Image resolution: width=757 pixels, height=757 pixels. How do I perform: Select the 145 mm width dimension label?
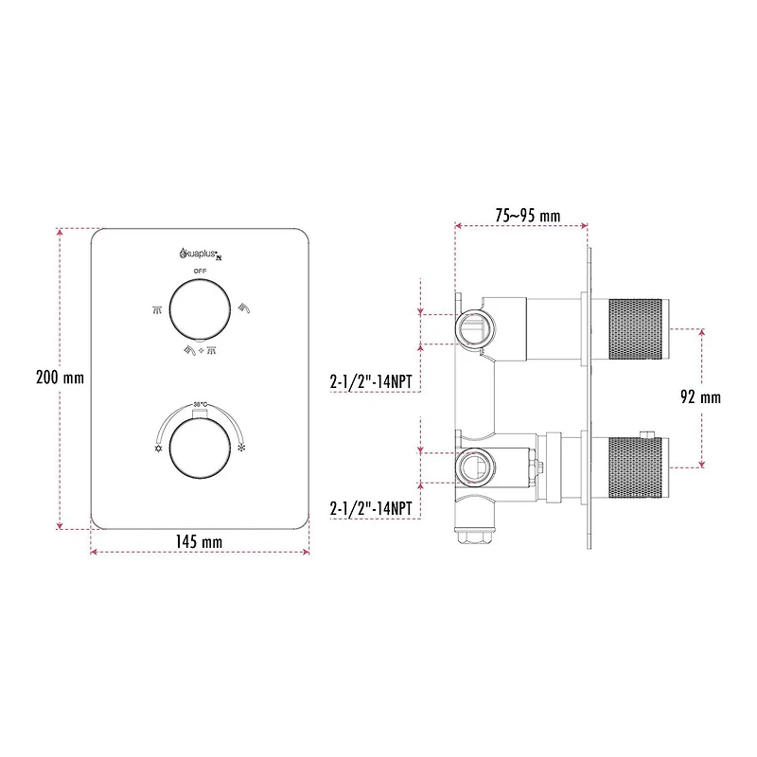(199, 541)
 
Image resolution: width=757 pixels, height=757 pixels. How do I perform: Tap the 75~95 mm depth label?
(528, 216)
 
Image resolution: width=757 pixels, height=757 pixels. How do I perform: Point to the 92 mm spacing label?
(700, 397)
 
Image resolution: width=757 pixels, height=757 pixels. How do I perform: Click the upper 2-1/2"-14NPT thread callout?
(371, 381)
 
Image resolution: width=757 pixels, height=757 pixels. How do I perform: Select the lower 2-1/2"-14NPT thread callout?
(371, 508)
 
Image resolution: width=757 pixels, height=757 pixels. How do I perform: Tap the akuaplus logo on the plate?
(200, 253)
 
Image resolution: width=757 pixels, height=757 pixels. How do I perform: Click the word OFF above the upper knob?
(200, 272)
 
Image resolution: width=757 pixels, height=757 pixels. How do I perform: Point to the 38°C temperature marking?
(200, 404)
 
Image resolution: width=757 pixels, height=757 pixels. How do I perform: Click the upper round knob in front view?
(200, 308)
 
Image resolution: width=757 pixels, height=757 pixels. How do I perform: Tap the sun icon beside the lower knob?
(157, 449)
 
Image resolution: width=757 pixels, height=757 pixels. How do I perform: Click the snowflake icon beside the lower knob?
(242, 449)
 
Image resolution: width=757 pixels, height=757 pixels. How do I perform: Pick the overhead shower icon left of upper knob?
(157, 308)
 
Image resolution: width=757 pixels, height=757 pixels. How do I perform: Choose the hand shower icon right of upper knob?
(243, 307)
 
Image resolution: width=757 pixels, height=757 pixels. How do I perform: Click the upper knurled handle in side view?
(636, 328)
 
